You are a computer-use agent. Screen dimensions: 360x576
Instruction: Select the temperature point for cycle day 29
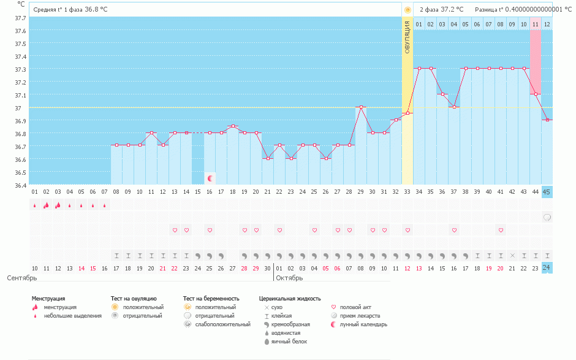click(361, 107)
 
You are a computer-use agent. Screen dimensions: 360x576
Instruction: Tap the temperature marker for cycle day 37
click(454, 107)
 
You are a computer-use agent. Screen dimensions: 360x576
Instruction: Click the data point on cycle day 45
click(547, 120)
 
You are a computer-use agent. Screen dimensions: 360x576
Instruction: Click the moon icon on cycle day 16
click(210, 178)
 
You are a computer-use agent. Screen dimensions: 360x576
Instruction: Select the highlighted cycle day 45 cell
click(547, 192)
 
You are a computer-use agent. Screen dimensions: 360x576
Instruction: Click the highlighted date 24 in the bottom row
click(547, 268)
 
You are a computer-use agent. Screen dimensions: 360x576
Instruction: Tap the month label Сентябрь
click(17, 278)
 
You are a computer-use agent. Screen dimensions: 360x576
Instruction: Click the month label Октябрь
click(289, 278)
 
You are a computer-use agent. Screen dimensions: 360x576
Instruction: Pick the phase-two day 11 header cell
click(536, 24)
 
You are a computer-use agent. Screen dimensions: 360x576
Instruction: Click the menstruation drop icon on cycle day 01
click(34, 205)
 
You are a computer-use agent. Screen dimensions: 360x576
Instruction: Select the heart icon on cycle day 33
click(407, 230)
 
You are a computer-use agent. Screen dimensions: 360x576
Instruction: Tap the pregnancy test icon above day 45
click(547, 217)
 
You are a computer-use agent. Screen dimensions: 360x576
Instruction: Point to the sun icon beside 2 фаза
click(407, 10)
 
